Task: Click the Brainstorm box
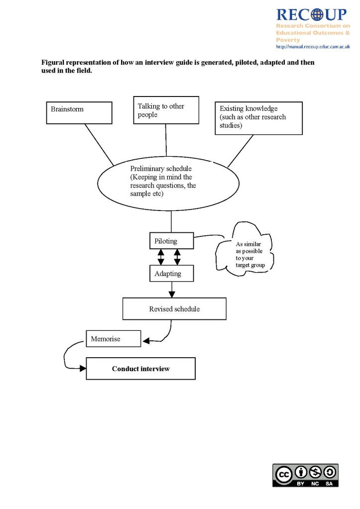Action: coord(79,112)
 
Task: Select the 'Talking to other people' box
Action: coord(166,110)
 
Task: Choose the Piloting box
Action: coord(171,241)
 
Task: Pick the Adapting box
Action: coord(171,274)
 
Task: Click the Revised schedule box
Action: coord(174,308)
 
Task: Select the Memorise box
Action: coord(113,339)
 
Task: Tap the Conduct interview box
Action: coord(140,369)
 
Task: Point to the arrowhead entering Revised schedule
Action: coord(172,294)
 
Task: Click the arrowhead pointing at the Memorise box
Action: coord(146,340)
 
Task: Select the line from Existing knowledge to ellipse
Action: coord(240,151)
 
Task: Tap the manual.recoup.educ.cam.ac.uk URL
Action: coord(313,47)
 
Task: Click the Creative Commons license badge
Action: coord(305,475)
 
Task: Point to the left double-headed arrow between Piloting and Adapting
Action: coord(161,257)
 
